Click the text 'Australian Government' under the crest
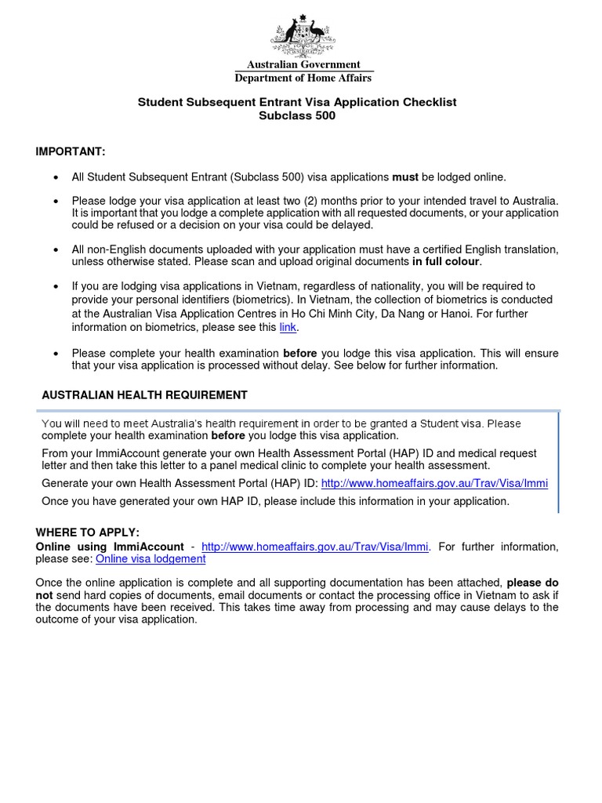(x=303, y=65)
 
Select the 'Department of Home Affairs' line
(x=303, y=78)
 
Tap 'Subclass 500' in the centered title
(x=297, y=116)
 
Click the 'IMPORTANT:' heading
(x=70, y=151)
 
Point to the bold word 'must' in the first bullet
(x=405, y=177)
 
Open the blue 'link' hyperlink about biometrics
(x=288, y=327)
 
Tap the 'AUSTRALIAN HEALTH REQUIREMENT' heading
(x=144, y=395)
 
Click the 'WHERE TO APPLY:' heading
(x=87, y=533)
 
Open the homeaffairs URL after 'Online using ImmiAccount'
(x=315, y=547)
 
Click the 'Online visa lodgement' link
(x=150, y=559)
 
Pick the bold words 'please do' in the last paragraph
(x=532, y=583)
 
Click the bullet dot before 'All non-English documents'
(x=56, y=249)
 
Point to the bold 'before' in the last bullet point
(x=299, y=354)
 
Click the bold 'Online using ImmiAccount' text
(x=110, y=547)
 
